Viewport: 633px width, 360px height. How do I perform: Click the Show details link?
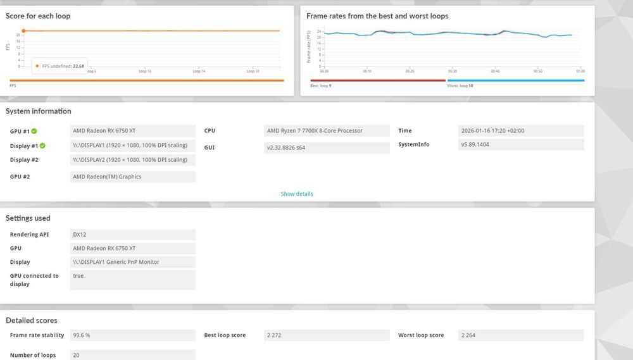(296, 194)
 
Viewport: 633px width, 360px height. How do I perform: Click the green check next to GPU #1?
(34, 131)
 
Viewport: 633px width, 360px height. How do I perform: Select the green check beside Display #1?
(42, 146)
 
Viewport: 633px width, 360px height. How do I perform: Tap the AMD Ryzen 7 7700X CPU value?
(315, 131)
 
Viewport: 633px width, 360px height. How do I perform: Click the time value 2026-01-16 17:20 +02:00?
(493, 131)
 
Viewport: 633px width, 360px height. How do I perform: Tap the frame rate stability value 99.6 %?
(82, 335)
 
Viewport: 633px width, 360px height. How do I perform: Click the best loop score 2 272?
(274, 335)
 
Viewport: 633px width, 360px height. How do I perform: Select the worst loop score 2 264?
(469, 335)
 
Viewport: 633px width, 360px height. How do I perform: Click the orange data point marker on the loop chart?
(23, 30)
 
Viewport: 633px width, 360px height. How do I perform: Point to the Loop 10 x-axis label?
(145, 71)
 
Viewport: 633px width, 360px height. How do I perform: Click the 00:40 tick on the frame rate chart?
(495, 71)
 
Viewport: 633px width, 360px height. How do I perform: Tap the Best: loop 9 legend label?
(321, 85)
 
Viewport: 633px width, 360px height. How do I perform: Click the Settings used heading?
(28, 218)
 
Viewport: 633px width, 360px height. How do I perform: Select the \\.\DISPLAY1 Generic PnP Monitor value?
(116, 262)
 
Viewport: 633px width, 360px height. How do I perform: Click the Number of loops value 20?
(77, 356)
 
